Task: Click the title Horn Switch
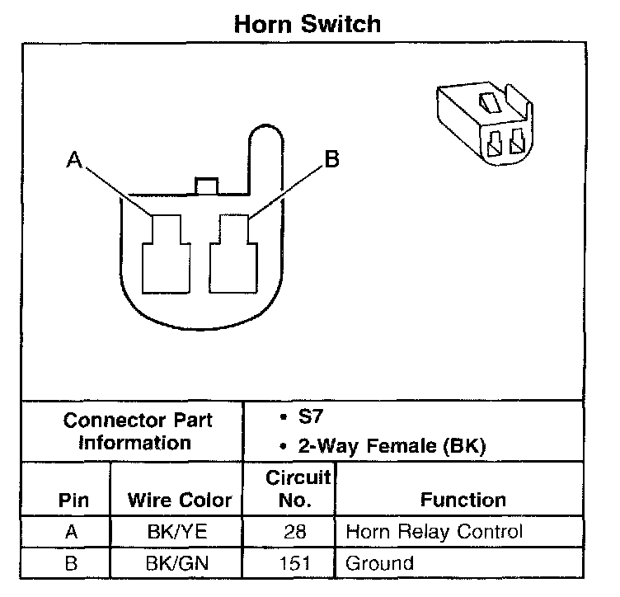pyautogui.click(x=308, y=23)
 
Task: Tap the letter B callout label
pyautogui.click(x=331, y=159)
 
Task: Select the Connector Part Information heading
pyautogui.click(x=138, y=431)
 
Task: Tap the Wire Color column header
pyautogui.click(x=179, y=501)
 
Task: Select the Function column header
pyautogui.click(x=463, y=501)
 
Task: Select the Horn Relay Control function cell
pyautogui.click(x=434, y=532)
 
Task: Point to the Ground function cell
pyautogui.click(x=379, y=564)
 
